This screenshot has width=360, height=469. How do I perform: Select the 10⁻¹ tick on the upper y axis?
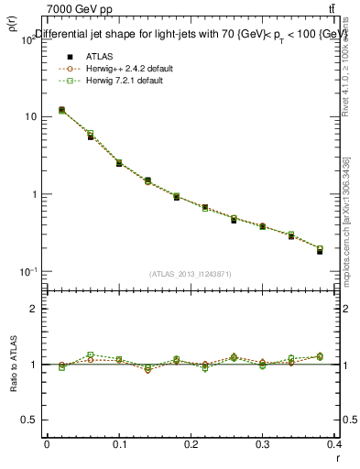(27, 272)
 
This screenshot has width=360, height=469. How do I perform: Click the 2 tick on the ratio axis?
(32, 309)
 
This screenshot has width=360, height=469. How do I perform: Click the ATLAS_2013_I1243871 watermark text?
(191, 274)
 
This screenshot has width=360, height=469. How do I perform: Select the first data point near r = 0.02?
(61, 110)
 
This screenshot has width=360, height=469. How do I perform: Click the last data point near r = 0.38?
(320, 250)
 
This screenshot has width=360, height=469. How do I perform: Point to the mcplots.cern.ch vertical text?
(352, 229)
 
